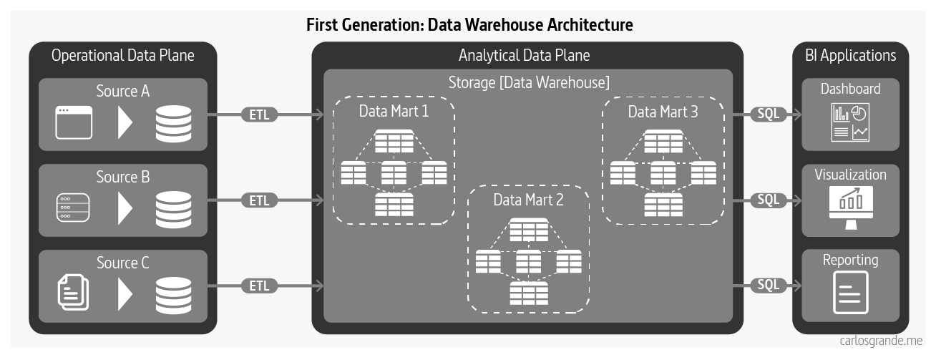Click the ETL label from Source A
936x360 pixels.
[259, 114]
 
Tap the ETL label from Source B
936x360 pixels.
[259, 200]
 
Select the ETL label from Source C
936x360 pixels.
[259, 286]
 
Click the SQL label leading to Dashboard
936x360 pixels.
[768, 114]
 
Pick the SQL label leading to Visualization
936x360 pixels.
[768, 200]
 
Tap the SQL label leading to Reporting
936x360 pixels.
[768, 285]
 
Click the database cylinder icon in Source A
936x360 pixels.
[173, 122]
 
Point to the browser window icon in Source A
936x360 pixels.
[74, 122]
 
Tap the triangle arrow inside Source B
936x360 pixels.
[125, 208]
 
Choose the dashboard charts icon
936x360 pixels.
[850, 122]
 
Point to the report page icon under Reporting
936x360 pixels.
[850, 293]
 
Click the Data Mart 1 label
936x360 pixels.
[394, 112]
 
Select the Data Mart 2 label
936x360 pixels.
[528, 200]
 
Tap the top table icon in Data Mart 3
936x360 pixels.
[663, 141]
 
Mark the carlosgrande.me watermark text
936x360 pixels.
[881, 341]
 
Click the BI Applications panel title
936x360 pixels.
[850, 55]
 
